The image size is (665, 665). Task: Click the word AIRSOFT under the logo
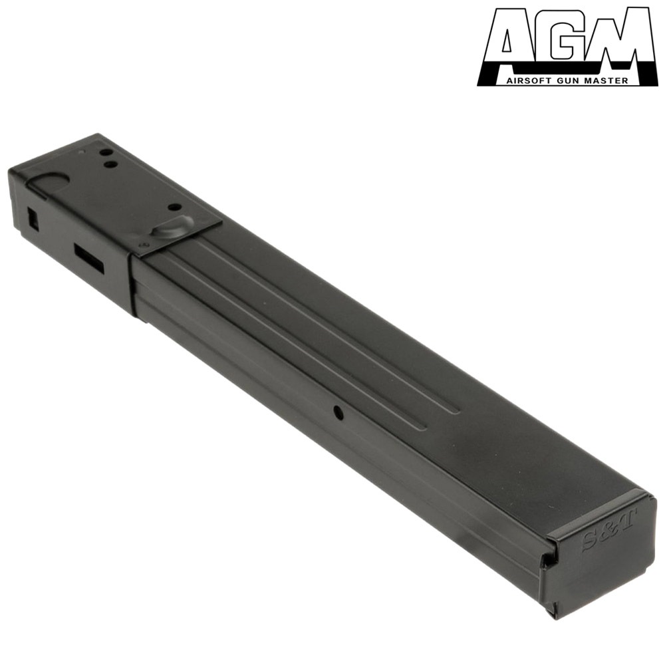[x=525, y=80]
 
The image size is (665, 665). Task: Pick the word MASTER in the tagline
[x=599, y=80]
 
